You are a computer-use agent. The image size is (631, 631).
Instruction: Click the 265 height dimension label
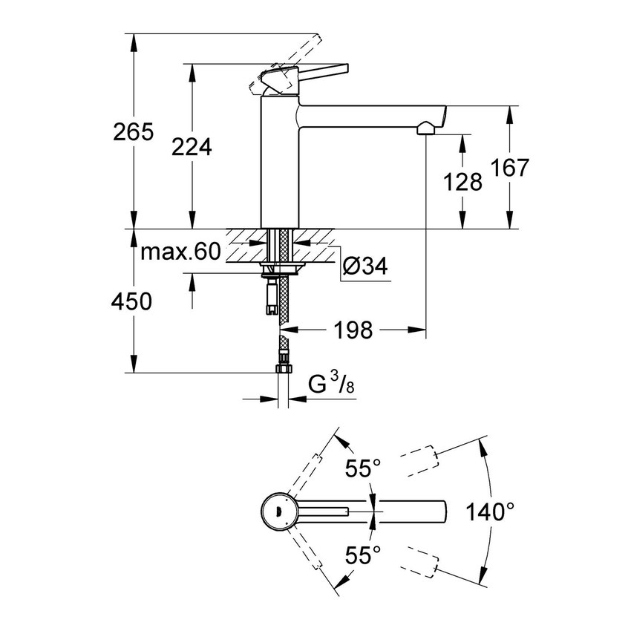point(133,133)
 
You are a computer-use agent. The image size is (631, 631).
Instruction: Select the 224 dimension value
point(192,147)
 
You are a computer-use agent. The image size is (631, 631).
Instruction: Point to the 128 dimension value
point(462,181)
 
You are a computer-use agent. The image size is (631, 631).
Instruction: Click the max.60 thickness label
point(180,252)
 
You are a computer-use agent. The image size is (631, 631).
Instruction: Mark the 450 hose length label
point(132,301)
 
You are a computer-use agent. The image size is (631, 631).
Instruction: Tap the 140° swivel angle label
point(490,512)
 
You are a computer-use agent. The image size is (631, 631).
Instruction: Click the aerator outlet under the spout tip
point(425,128)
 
